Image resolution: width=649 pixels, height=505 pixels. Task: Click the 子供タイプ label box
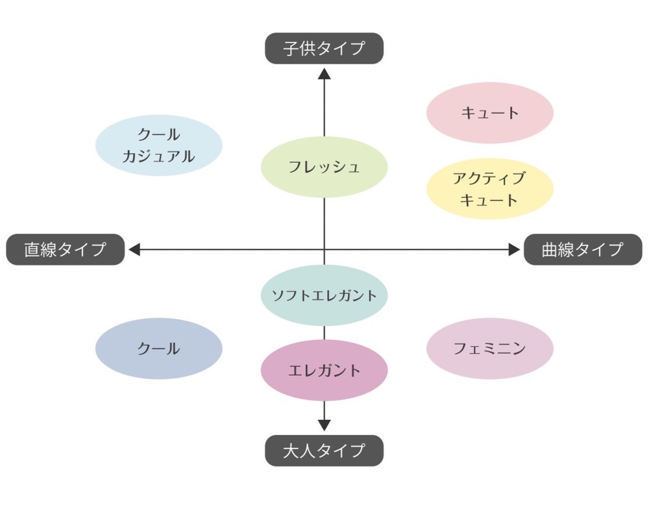click(324, 48)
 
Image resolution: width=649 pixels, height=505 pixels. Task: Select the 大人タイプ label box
click(324, 450)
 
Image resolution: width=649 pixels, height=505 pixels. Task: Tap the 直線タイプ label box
click(65, 249)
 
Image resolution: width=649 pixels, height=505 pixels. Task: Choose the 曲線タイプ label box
click(583, 249)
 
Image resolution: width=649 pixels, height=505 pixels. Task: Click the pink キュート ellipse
click(490, 112)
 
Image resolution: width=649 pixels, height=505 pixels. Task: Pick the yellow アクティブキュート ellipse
click(490, 188)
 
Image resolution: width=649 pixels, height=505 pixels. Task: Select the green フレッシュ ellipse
click(324, 167)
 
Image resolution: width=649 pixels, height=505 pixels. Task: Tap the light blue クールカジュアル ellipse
click(159, 145)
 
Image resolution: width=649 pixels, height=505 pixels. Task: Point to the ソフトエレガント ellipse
click(324, 295)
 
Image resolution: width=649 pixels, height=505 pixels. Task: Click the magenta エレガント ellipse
click(324, 371)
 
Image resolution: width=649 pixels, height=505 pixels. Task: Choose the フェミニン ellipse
click(490, 349)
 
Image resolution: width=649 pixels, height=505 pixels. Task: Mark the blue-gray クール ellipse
click(159, 349)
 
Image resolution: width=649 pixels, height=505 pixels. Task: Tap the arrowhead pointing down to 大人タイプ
click(324, 425)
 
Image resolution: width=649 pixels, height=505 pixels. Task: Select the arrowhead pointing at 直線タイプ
click(134, 249)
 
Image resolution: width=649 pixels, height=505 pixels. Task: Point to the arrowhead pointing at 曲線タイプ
click(514, 249)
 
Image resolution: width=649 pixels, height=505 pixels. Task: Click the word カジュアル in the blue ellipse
click(159, 156)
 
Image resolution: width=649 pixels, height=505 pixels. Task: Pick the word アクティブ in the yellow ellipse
click(489, 178)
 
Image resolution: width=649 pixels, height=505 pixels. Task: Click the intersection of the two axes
click(324, 249)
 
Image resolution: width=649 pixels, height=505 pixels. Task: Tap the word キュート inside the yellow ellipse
click(489, 199)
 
